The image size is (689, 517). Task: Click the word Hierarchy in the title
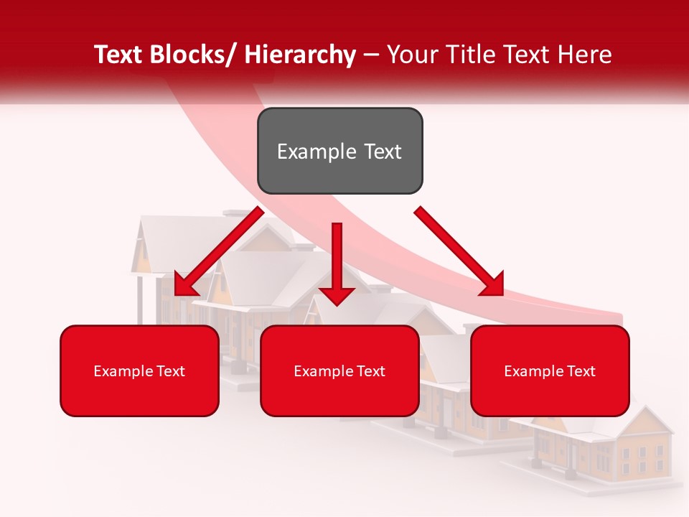click(300, 55)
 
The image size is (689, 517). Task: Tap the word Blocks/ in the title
click(190, 55)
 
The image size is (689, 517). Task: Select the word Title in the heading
click(468, 55)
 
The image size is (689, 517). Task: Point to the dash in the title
click(371, 55)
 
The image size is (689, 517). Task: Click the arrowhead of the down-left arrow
click(184, 285)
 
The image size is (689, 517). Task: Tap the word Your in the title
click(411, 55)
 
